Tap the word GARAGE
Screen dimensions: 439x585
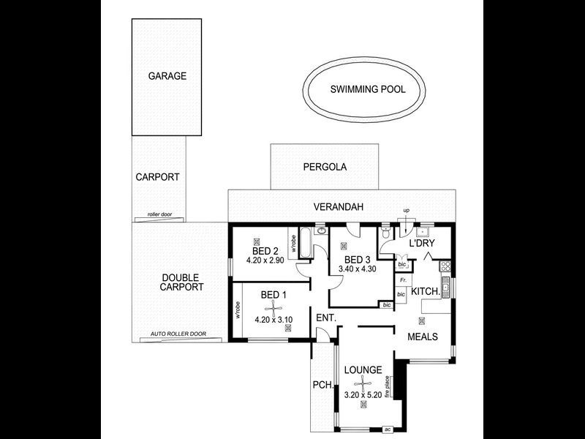pos(167,75)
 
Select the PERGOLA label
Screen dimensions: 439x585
pos(325,167)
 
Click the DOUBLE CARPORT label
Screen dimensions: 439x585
pos(182,282)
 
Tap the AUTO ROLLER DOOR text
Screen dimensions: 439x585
pos(178,334)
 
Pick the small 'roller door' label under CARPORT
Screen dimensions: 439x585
pos(159,215)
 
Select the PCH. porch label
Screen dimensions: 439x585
pos(322,385)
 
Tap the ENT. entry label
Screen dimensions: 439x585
pos(325,318)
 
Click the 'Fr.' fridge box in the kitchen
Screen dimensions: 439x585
pos(401,280)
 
